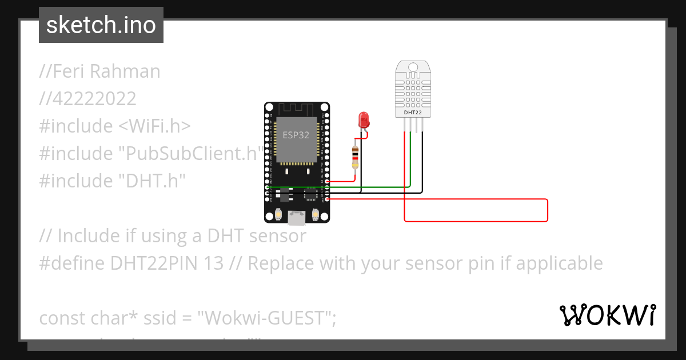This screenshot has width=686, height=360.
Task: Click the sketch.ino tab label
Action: coord(101,25)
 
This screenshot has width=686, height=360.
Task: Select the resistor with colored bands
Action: coord(355,158)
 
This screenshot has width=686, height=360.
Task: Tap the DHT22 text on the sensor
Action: coord(413,113)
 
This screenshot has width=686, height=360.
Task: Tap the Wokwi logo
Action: coord(607,315)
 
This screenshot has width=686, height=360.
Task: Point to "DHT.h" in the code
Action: coord(151,181)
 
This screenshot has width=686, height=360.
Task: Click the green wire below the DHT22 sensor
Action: coord(410,160)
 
